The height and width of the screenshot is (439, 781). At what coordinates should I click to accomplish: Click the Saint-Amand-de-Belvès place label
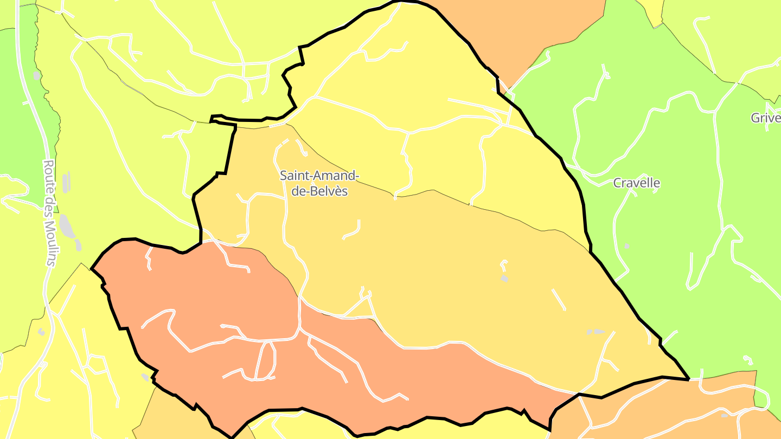click(x=319, y=183)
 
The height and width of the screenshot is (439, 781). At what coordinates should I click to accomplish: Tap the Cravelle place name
click(x=636, y=183)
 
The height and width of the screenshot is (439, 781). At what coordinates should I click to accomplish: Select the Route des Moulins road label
click(x=50, y=212)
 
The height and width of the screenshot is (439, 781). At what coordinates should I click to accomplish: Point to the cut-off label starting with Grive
click(x=765, y=118)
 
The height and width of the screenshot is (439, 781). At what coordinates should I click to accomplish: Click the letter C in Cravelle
click(x=617, y=183)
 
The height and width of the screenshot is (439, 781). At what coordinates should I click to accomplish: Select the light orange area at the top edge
click(x=521, y=33)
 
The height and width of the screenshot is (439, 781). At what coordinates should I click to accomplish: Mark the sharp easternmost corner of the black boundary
click(x=688, y=379)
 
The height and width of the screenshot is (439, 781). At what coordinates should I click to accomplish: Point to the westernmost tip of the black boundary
click(x=92, y=268)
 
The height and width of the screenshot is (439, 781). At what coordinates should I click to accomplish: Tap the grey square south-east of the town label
click(x=504, y=279)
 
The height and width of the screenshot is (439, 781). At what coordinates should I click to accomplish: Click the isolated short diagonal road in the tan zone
click(x=559, y=299)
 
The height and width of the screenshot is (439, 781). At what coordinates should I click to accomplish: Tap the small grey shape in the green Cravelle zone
click(x=627, y=247)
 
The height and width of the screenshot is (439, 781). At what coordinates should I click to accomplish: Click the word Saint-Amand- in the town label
click(x=319, y=176)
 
